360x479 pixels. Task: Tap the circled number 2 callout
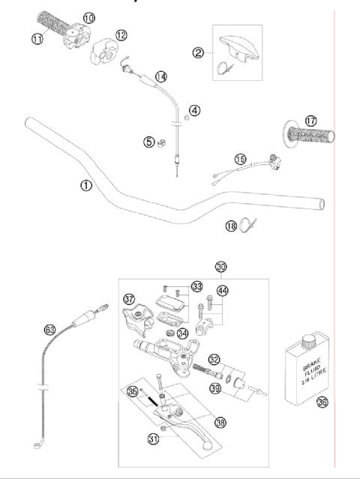pos(198,52)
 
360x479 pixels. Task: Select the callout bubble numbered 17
pos(311,121)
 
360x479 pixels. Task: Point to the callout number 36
pos(322,402)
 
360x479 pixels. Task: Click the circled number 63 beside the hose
pos(50,328)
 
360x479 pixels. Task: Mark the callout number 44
pos(222,291)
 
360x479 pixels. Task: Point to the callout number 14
pos(161,76)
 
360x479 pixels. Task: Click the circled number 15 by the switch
pos(240,159)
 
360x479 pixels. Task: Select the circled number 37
pos(130,299)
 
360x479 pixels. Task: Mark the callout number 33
pos(197,286)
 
